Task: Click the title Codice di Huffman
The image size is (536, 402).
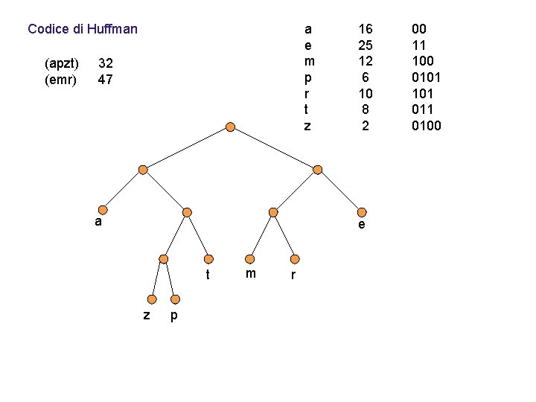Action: (83, 30)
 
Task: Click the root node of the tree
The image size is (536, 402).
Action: (231, 127)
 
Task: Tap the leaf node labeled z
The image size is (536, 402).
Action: (152, 300)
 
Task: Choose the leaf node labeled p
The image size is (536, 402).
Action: (173, 300)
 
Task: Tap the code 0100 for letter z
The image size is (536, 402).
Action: (427, 126)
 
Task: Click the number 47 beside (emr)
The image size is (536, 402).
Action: (106, 78)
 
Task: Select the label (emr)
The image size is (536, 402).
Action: (60, 78)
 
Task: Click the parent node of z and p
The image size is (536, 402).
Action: (164, 259)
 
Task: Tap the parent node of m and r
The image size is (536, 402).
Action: (273, 212)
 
